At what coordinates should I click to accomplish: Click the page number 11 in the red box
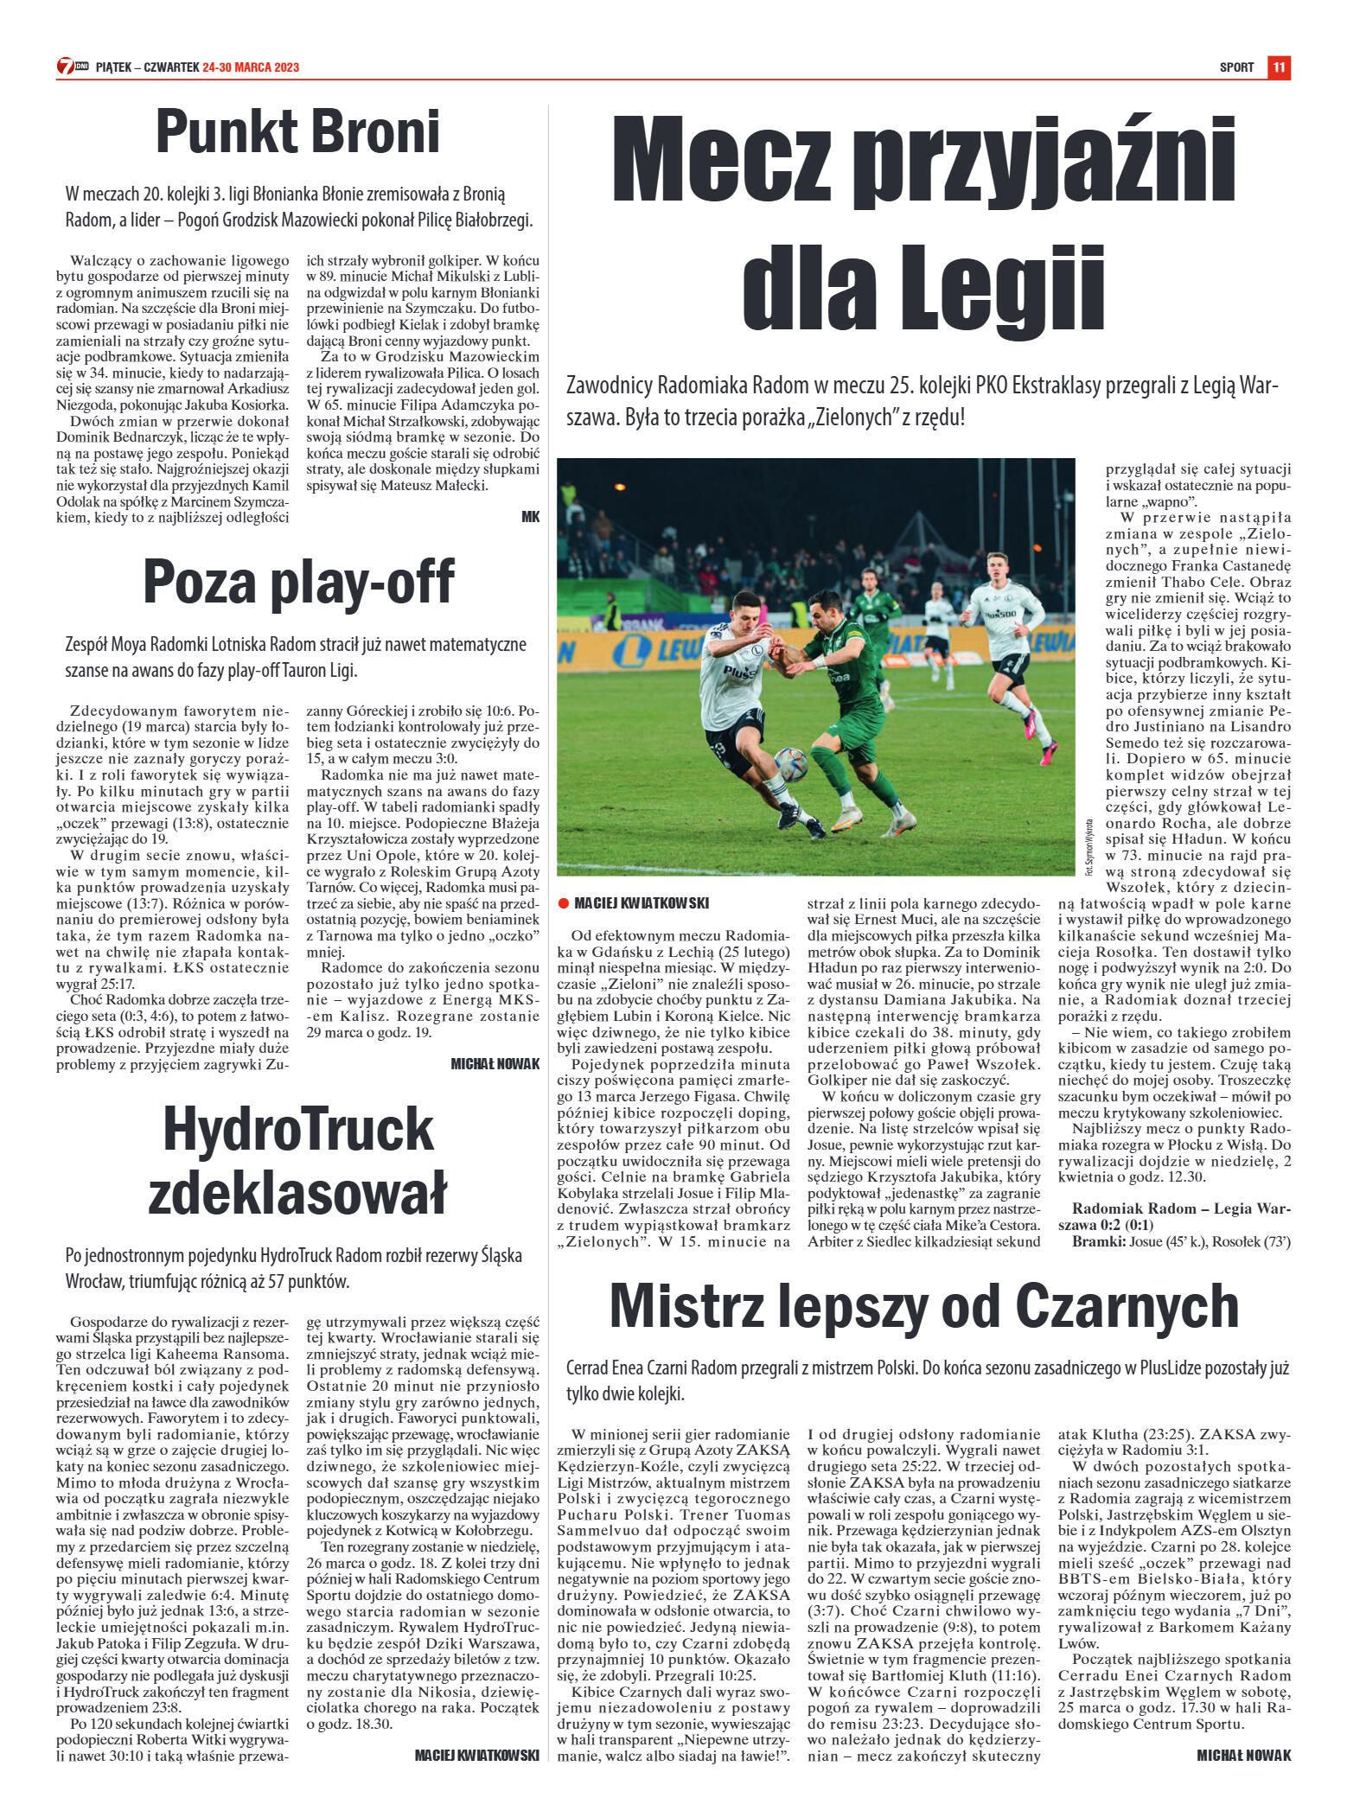click(1279, 67)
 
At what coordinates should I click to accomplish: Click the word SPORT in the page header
click(1236, 67)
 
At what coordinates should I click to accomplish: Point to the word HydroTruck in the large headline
click(298, 1130)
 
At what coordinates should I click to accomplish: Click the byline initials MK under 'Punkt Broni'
click(530, 516)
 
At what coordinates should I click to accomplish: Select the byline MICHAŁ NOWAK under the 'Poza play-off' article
click(495, 1064)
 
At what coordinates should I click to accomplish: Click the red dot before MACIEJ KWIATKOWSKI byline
click(563, 903)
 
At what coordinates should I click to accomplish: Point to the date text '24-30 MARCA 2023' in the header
click(251, 67)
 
